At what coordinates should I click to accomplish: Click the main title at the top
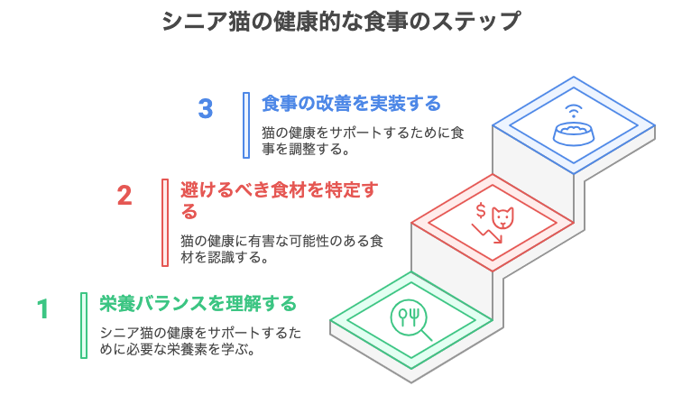pyautogui.click(x=341, y=21)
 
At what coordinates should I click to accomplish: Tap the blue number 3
pyautogui.click(x=206, y=109)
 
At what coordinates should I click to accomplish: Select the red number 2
pyautogui.click(x=124, y=196)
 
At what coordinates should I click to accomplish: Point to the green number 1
pyautogui.click(x=42, y=308)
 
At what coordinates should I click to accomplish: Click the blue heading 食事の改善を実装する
pyautogui.click(x=351, y=104)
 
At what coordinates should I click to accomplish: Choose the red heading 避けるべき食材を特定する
pyautogui.click(x=280, y=200)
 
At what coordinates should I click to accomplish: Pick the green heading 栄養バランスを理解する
pyautogui.click(x=198, y=304)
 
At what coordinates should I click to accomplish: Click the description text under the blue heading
pyautogui.click(x=363, y=141)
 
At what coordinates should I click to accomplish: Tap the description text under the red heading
pyautogui.click(x=281, y=249)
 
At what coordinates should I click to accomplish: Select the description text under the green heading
pyautogui.click(x=200, y=341)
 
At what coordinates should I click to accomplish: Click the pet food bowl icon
pyautogui.click(x=573, y=134)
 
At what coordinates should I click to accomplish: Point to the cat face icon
pyautogui.click(x=502, y=217)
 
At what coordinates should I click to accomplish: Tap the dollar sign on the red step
pyautogui.click(x=481, y=210)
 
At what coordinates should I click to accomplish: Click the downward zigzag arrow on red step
pyautogui.click(x=487, y=234)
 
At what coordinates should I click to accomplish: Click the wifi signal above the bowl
pyautogui.click(x=573, y=111)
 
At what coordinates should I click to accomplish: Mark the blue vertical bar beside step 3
pyautogui.click(x=246, y=125)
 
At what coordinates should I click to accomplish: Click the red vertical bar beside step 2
pyautogui.click(x=165, y=222)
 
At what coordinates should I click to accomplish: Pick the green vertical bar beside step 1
pyautogui.click(x=84, y=326)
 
